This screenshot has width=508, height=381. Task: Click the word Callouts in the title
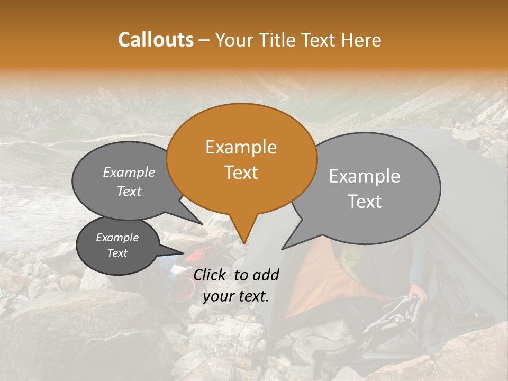click(x=156, y=40)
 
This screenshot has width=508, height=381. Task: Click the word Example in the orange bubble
click(x=241, y=147)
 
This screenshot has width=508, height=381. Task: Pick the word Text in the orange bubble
click(x=241, y=173)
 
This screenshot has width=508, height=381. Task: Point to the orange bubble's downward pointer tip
click(x=244, y=243)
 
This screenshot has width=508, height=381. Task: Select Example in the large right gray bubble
click(x=364, y=176)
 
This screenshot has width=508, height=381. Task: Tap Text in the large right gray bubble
click(x=364, y=202)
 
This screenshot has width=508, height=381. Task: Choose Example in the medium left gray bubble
click(x=129, y=172)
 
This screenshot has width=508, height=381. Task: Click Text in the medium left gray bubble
click(x=129, y=191)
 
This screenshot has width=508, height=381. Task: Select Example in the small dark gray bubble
click(x=117, y=238)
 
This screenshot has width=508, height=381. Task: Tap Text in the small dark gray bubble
click(x=117, y=253)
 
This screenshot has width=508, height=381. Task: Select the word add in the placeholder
click(x=266, y=275)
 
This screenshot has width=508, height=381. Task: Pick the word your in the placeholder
click(x=217, y=296)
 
